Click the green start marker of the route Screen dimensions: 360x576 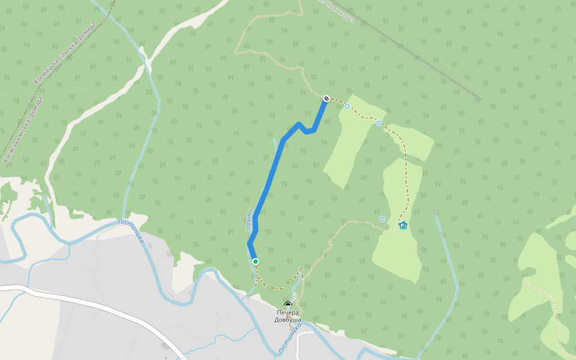[256, 262]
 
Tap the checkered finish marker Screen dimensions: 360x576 [326, 98]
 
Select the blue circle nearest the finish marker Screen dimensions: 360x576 [347, 106]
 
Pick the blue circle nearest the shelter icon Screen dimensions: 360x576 [382, 218]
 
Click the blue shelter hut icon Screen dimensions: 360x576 [403, 226]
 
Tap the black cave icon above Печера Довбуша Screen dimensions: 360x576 [288, 305]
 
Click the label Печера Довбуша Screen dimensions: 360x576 [288, 316]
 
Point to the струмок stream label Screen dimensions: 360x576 [250, 220]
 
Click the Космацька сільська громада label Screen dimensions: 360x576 [65, 54]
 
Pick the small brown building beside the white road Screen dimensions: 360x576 [164, 346]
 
